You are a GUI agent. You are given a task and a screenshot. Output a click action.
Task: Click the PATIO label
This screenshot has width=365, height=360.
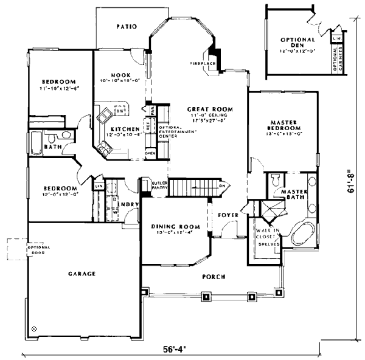[125, 26]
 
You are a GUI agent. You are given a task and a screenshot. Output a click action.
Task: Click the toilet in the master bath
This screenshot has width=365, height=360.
[276, 180]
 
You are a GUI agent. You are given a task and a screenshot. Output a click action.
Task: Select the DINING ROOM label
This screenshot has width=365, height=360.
[171, 227]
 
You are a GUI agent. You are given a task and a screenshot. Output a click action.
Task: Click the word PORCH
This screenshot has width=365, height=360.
[213, 277]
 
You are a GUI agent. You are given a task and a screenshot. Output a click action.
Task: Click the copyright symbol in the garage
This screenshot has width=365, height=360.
[34, 328]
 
